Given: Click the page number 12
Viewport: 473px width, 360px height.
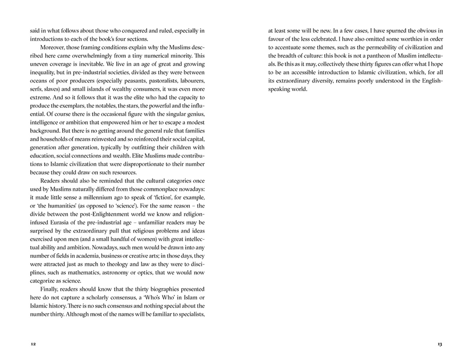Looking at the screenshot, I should click(32, 344).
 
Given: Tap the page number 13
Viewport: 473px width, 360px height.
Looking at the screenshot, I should click(440, 344).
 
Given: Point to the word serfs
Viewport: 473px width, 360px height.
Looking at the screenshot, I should click(37, 90).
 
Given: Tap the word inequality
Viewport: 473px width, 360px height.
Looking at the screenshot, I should click(46, 73).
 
